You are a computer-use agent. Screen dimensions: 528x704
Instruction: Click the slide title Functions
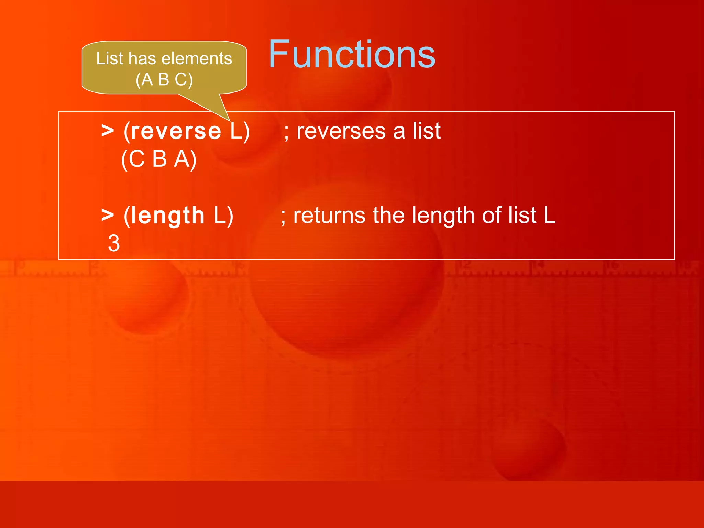352,54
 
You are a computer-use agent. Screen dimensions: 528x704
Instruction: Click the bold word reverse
176,131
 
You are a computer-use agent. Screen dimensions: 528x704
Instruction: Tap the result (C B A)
159,159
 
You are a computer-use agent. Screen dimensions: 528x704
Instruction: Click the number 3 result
114,243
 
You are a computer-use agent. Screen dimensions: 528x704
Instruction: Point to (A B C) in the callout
164,80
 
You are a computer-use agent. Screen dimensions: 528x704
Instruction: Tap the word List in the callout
109,58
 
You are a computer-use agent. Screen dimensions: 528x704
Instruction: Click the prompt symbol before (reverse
108,131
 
